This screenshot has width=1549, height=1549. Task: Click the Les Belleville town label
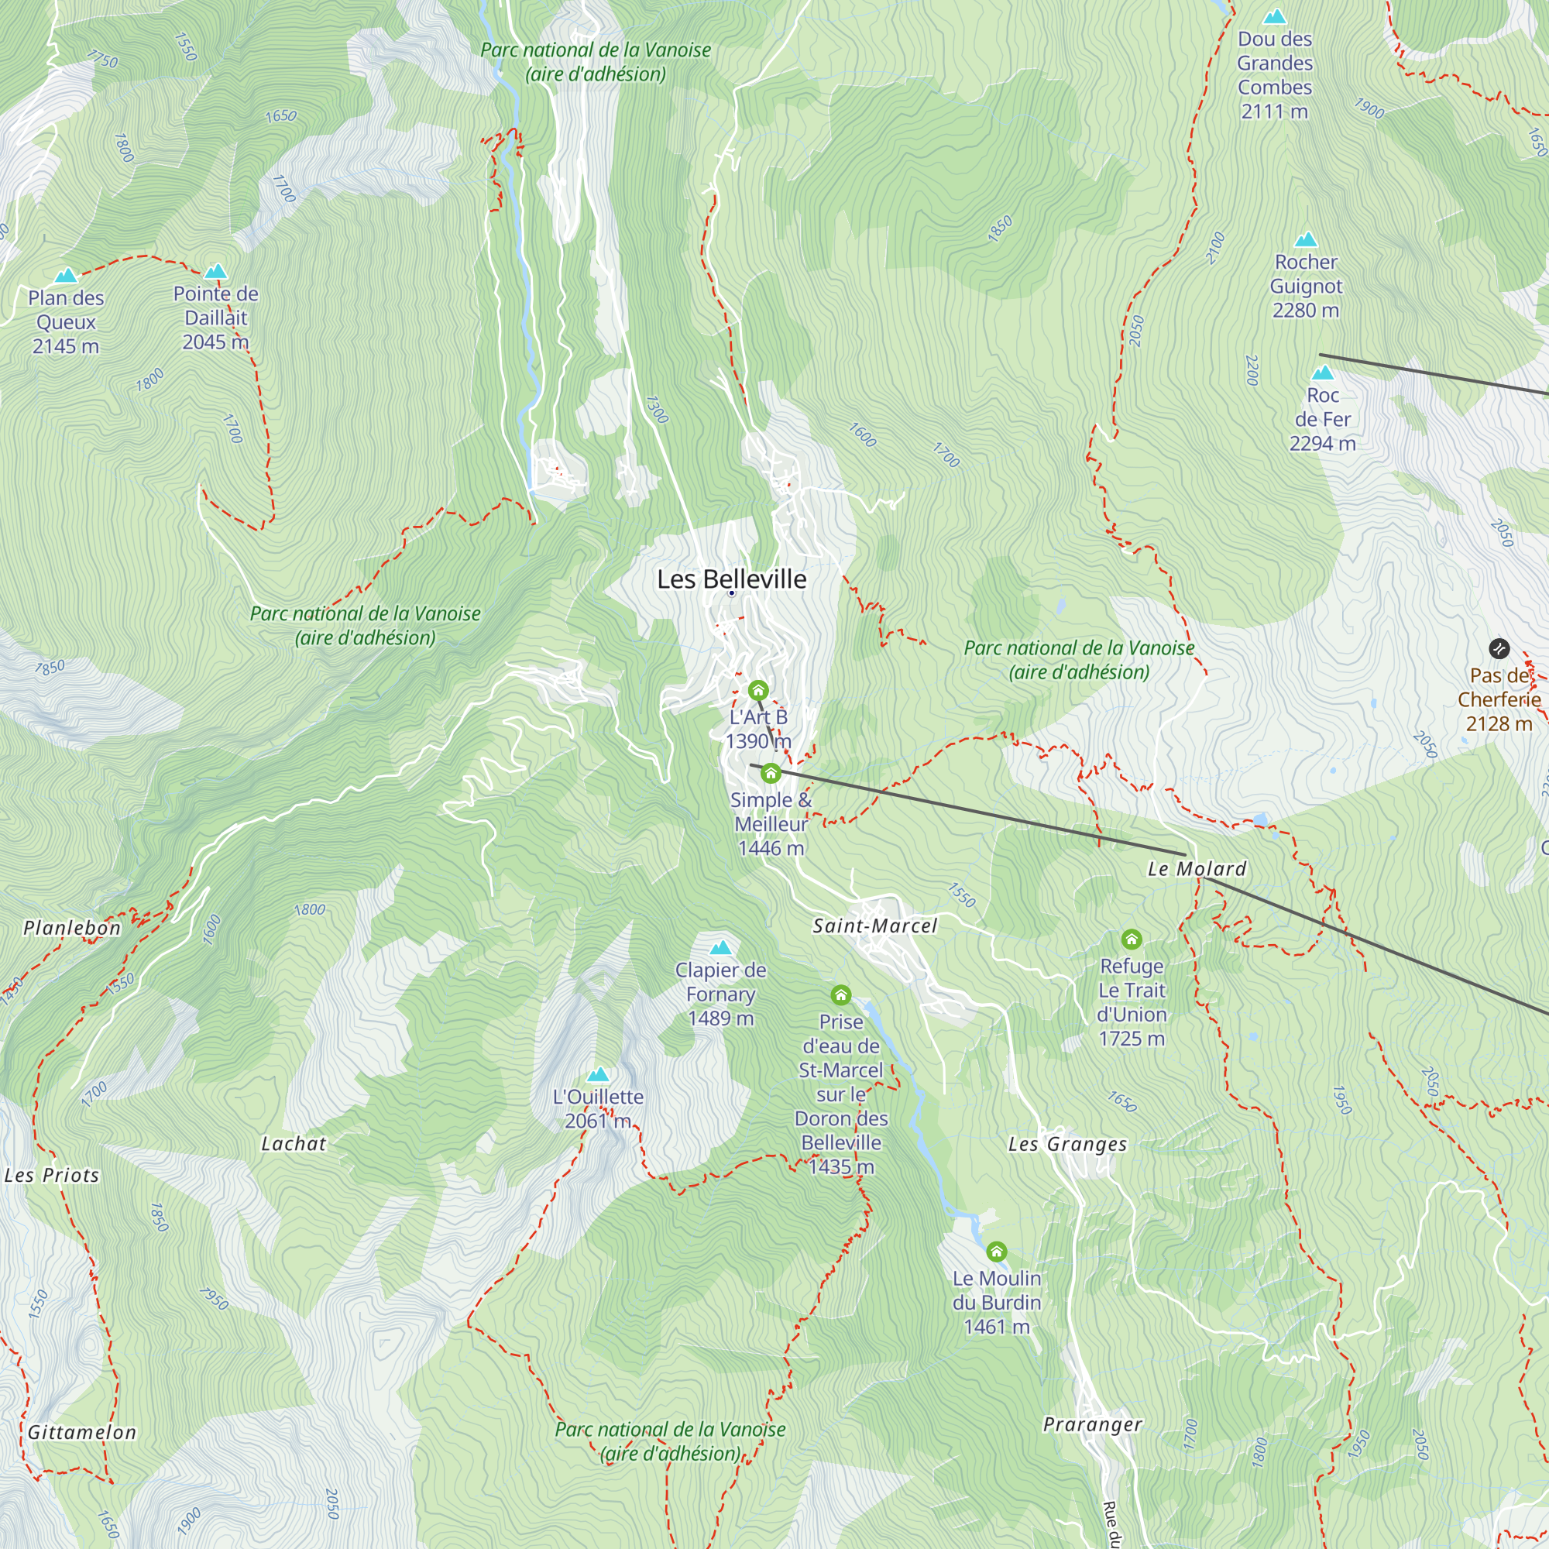pyautogui.click(x=731, y=579)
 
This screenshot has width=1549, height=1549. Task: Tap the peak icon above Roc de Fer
pyautogui.click(x=1322, y=373)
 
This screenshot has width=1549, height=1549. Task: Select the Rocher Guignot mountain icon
pyautogui.click(x=1306, y=240)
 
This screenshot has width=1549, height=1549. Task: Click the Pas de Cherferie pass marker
pyautogui.click(x=1499, y=647)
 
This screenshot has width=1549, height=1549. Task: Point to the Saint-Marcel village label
pyautogui.click(x=874, y=926)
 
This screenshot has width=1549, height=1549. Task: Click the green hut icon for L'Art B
pyautogui.click(x=757, y=689)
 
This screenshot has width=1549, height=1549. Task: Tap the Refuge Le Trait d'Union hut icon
pyautogui.click(x=1132, y=938)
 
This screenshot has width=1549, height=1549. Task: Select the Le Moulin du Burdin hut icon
pyautogui.click(x=996, y=1251)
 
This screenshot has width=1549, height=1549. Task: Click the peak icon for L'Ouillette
pyautogui.click(x=598, y=1075)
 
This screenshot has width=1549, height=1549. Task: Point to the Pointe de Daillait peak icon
pyautogui.click(x=215, y=272)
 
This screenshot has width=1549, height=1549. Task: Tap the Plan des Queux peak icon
pyautogui.click(x=66, y=276)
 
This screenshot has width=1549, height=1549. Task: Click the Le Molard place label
pyautogui.click(x=1197, y=869)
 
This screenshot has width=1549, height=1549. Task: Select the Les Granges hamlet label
pyautogui.click(x=1067, y=1144)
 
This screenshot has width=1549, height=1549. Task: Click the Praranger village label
pyautogui.click(x=1092, y=1425)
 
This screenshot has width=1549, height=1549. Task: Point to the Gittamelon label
pyautogui.click(x=82, y=1433)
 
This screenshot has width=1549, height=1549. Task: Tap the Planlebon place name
pyautogui.click(x=72, y=928)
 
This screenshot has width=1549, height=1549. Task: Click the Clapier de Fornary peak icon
pyautogui.click(x=721, y=948)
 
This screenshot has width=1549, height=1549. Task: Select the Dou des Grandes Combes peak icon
pyautogui.click(x=1274, y=17)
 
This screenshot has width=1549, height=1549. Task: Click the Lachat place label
pyautogui.click(x=294, y=1144)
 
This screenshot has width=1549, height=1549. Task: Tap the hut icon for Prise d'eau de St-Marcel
pyautogui.click(x=840, y=995)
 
